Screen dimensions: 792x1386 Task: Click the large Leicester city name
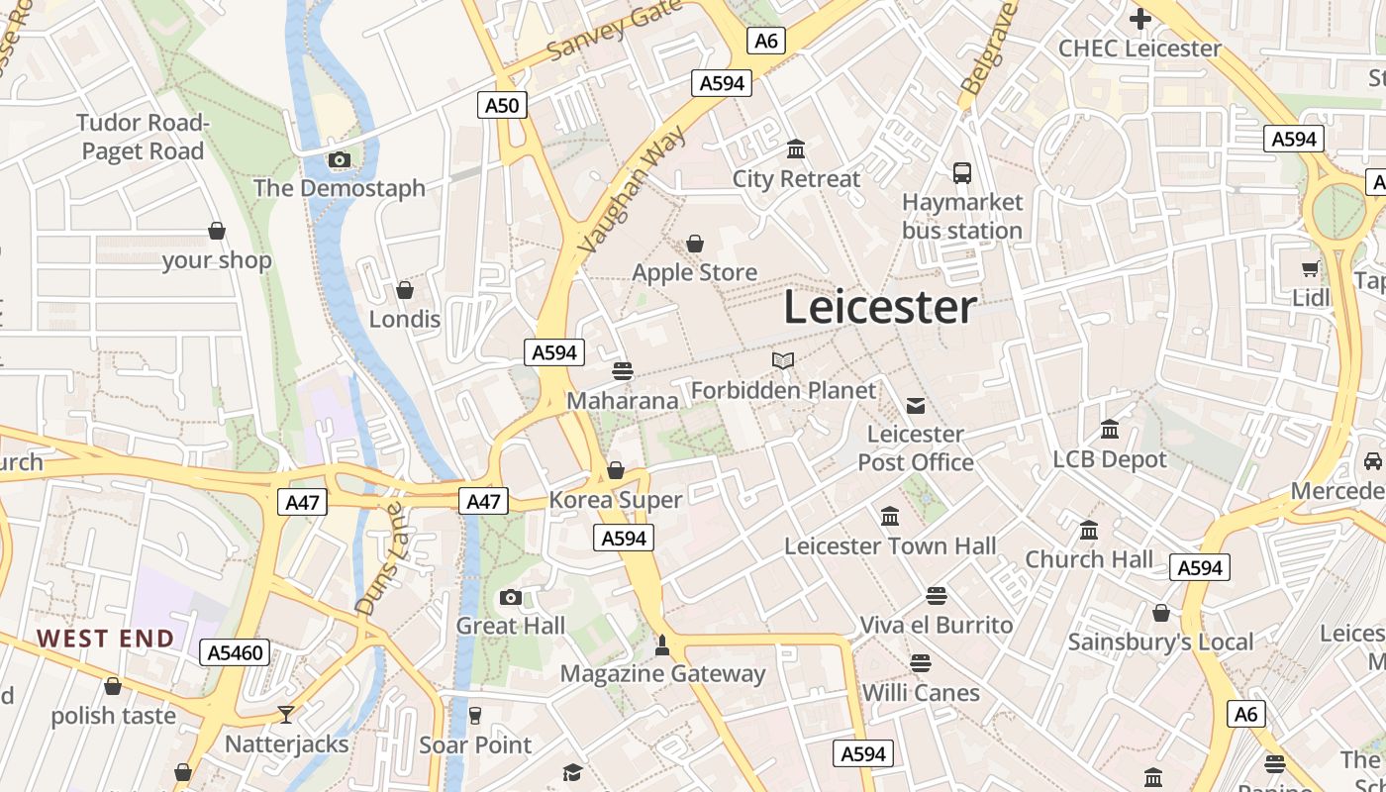(x=880, y=308)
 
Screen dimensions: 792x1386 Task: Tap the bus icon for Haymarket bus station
(x=962, y=173)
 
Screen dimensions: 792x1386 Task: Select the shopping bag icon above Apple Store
(x=695, y=244)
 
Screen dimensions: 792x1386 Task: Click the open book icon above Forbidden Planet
(x=783, y=361)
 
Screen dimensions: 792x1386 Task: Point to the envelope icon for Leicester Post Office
(x=916, y=405)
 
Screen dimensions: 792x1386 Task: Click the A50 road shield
(x=502, y=105)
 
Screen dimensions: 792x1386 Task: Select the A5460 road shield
(x=235, y=652)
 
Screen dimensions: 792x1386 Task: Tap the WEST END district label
(x=106, y=639)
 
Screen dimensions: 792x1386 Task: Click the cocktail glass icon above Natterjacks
(x=286, y=714)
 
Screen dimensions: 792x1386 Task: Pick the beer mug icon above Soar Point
(x=475, y=715)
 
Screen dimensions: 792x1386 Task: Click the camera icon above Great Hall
(x=511, y=597)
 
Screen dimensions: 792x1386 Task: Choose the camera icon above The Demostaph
(x=340, y=159)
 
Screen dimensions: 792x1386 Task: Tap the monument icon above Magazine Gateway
(x=662, y=645)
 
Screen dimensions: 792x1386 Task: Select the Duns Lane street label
(x=380, y=558)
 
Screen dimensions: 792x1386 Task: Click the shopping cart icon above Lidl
(x=1311, y=268)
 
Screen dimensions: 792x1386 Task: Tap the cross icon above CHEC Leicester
(x=1139, y=18)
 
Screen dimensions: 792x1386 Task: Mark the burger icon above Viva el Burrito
(x=937, y=595)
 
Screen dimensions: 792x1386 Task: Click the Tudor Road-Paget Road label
(x=143, y=137)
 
